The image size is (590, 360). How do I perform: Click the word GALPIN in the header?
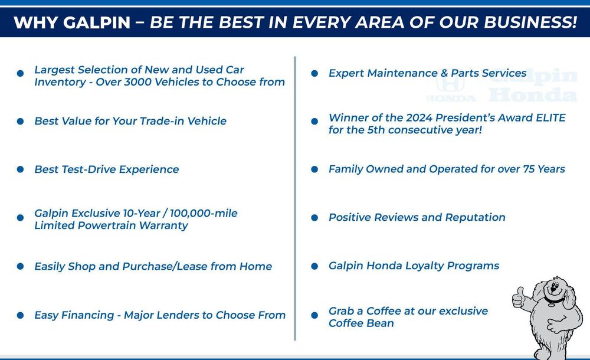tap(97, 22)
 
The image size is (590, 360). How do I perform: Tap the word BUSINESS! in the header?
tap(530, 22)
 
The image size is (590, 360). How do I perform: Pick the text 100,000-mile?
tap(204, 214)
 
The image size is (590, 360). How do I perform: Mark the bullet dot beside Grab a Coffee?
tap(314, 315)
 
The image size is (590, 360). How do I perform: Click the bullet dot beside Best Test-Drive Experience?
tap(20, 169)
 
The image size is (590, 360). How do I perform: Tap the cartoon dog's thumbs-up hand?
tap(519, 298)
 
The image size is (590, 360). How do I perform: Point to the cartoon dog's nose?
tap(554, 286)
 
